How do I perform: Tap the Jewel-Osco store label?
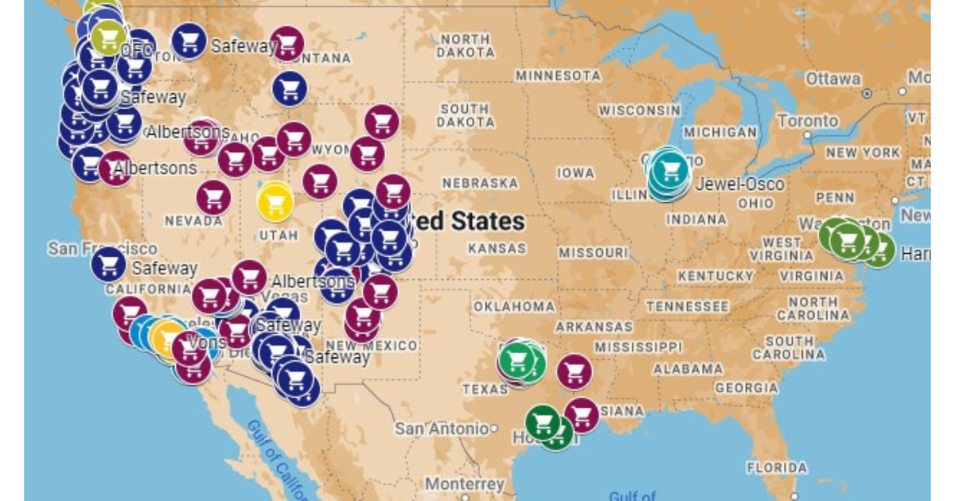(x=739, y=184)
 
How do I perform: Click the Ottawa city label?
(x=832, y=79)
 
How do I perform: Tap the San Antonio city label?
(x=441, y=429)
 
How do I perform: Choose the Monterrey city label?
(x=464, y=484)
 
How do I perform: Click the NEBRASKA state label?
(x=480, y=183)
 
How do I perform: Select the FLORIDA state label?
(x=777, y=468)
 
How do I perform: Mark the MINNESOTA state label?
(x=559, y=76)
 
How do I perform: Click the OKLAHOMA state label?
(x=514, y=306)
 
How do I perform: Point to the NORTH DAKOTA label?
(x=466, y=45)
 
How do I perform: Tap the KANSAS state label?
(x=497, y=248)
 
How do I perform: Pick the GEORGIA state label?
(x=746, y=388)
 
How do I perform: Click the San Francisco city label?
(x=102, y=249)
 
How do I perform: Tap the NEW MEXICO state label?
(x=372, y=345)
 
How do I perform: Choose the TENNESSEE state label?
(x=687, y=306)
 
